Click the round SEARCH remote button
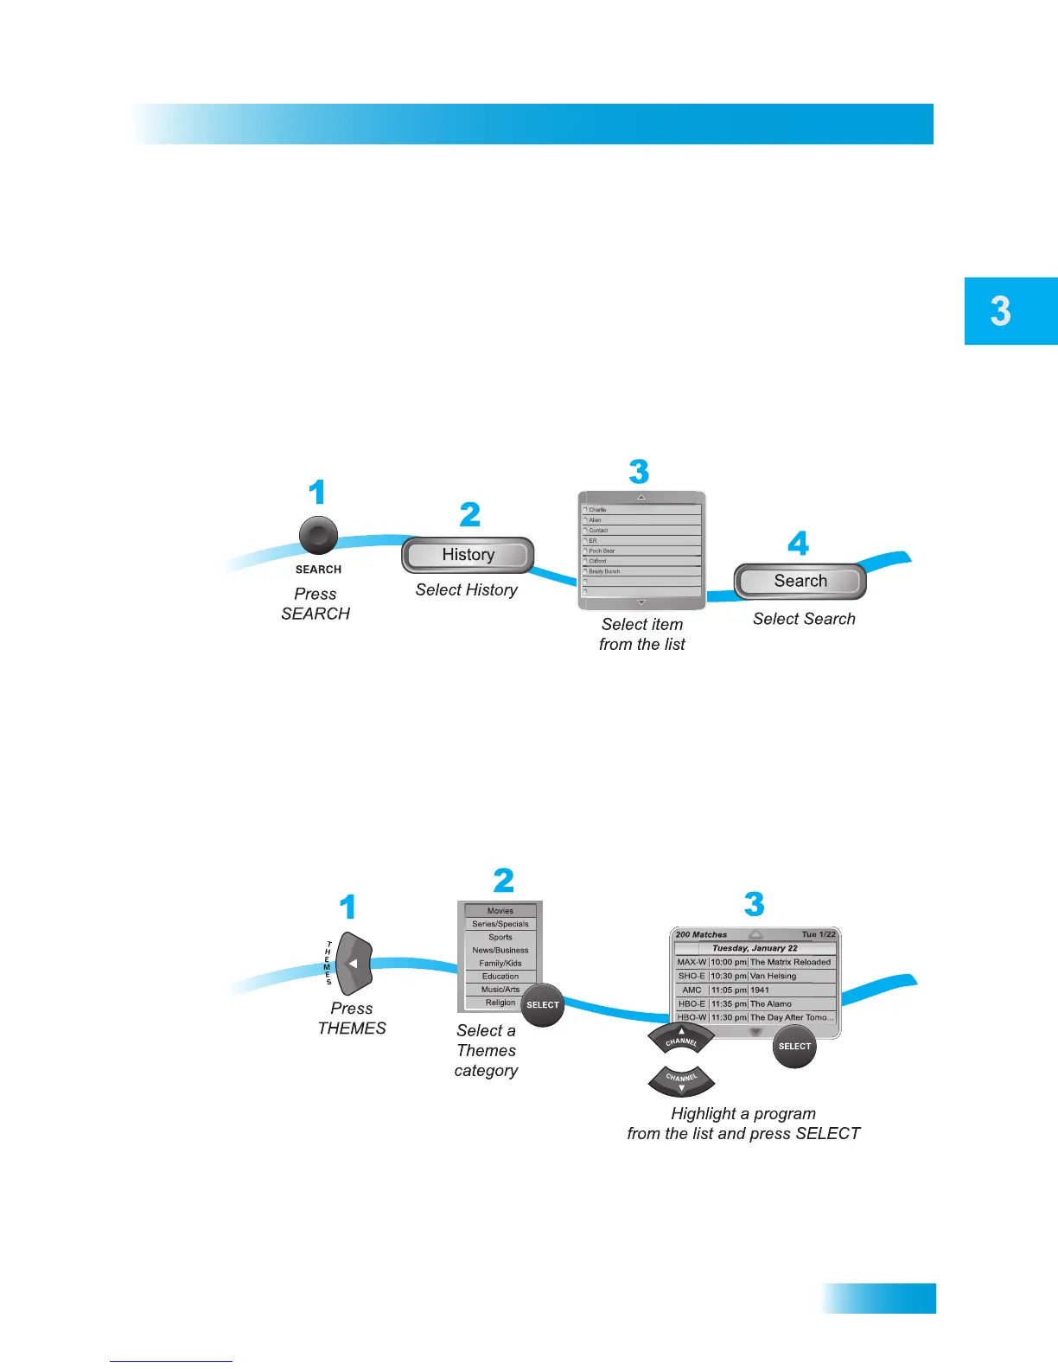pos(318,536)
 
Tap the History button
pos(468,555)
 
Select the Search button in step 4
pos(800,582)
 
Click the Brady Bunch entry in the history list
pos(605,571)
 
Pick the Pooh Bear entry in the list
pos(602,551)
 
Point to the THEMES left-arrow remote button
pos(354,963)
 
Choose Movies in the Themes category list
pos(500,911)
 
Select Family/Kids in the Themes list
pos(500,963)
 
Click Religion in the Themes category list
pos(500,1003)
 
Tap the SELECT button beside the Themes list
pos(543,1005)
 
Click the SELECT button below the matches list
pos(794,1047)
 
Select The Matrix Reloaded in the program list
pos(790,962)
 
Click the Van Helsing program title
pos(774,976)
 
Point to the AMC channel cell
pos(692,990)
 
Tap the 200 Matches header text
pos(701,934)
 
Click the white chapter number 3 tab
pos(1001,311)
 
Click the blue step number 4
pos(798,544)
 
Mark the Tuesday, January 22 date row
pos(755,948)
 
